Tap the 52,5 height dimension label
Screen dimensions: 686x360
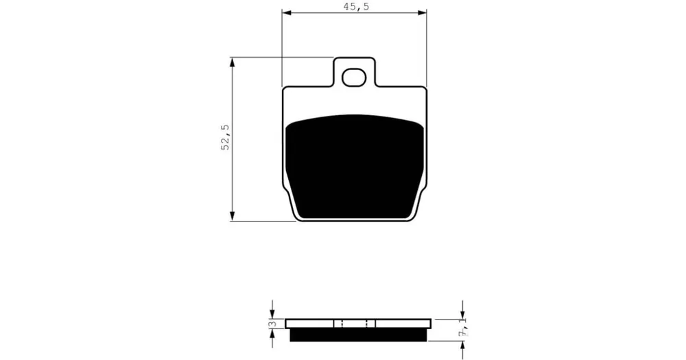coord(225,137)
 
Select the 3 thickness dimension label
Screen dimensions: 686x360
coord(272,324)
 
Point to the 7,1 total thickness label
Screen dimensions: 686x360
coord(462,326)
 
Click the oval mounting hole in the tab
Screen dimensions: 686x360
coord(353,78)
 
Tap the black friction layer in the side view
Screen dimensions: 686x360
coord(358,335)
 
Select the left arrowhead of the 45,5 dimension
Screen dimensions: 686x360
coord(286,13)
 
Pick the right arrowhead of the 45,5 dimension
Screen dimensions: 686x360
coord(422,13)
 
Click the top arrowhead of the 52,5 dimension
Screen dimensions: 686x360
coord(233,62)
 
